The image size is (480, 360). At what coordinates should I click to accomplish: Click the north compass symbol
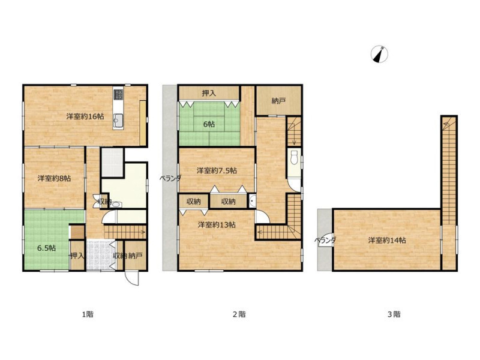click(379, 55)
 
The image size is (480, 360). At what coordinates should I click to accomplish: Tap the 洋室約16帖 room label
click(85, 116)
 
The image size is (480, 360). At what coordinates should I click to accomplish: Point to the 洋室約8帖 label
click(54, 178)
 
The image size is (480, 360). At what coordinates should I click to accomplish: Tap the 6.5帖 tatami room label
click(46, 248)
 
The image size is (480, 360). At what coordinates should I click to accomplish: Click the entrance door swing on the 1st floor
click(131, 278)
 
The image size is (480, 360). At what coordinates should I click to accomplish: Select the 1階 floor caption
click(88, 314)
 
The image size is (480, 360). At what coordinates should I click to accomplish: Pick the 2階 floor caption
click(239, 314)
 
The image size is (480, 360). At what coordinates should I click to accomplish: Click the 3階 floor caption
click(394, 314)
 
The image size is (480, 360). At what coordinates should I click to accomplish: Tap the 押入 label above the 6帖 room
click(209, 94)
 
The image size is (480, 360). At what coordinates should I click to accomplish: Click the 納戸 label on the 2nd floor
click(278, 101)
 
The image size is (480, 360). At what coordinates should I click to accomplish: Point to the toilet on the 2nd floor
click(294, 158)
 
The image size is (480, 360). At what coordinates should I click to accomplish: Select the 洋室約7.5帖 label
click(217, 170)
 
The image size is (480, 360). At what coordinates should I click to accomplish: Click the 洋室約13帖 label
click(217, 224)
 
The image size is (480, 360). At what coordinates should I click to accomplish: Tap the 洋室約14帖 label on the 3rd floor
click(387, 241)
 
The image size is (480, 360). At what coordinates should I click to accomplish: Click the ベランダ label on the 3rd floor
click(325, 241)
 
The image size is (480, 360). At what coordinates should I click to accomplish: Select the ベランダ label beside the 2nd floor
click(170, 178)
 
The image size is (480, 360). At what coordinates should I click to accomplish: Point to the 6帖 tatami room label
click(209, 124)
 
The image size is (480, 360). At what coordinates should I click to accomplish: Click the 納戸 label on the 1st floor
click(135, 256)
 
